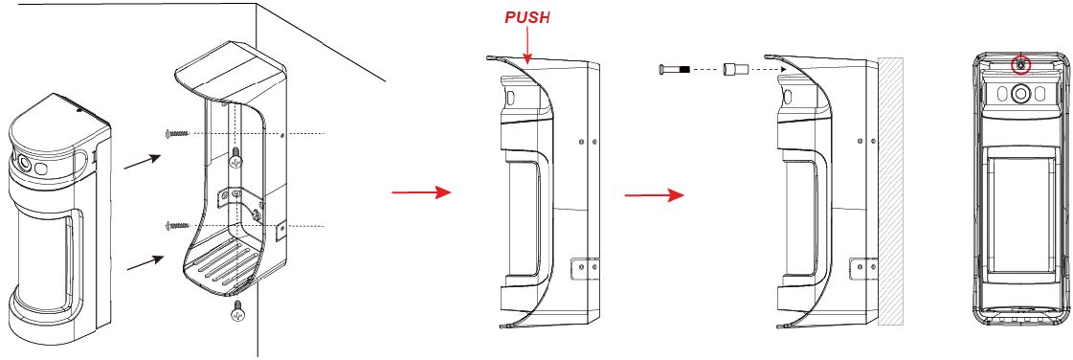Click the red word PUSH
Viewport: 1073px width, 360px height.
click(x=526, y=18)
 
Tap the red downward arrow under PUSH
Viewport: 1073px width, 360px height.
click(x=526, y=46)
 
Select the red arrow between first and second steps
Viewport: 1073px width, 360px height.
click(x=421, y=192)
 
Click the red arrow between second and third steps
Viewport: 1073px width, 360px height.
click(x=654, y=195)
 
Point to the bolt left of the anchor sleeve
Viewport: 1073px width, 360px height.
click(x=676, y=69)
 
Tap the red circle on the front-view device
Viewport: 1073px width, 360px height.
click(x=1020, y=65)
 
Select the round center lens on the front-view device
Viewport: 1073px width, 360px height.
click(x=1021, y=93)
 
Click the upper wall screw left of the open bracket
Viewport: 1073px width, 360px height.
click(x=176, y=133)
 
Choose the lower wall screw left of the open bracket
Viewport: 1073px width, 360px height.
click(x=176, y=224)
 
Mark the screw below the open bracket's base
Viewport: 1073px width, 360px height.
click(x=238, y=309)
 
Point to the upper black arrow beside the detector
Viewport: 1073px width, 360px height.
click(x=142, y=161)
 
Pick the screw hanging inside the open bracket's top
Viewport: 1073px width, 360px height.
click(x=236, y=158)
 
